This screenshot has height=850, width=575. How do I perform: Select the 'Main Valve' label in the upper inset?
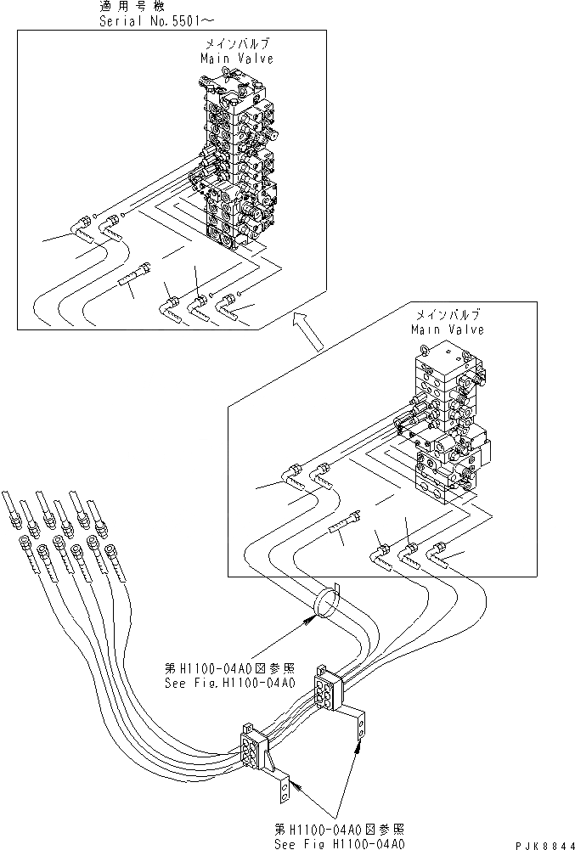[x=237, y=59]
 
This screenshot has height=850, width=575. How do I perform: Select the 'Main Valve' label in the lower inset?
[x=448, y=329]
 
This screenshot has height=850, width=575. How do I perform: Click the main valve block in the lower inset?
[x=446, y=425]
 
